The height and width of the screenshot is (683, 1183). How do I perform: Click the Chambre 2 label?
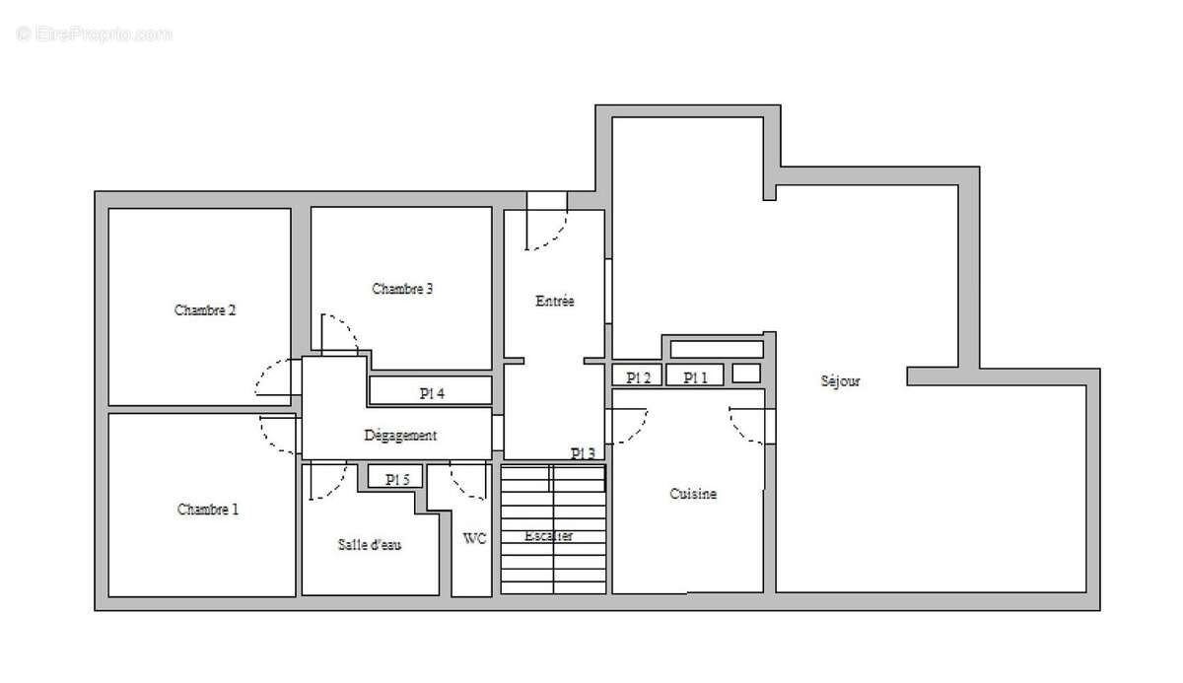205,309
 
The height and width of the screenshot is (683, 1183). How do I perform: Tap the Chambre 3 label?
402,289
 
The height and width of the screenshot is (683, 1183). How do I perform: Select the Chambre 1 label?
207,510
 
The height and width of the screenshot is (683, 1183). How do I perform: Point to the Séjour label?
840,380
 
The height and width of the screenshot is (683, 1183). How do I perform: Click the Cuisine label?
693,494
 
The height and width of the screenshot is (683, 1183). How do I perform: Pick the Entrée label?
554,301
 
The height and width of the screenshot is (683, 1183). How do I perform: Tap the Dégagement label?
400,435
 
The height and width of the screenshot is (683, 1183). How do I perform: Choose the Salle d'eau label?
370,544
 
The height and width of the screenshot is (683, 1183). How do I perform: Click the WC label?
474,538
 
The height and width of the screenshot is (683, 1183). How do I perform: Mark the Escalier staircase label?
549,536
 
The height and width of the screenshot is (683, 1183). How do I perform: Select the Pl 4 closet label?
432,393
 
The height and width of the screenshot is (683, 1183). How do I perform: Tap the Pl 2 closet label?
639,377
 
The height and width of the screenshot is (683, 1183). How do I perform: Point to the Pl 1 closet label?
696,377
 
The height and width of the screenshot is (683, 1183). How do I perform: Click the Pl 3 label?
583,453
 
